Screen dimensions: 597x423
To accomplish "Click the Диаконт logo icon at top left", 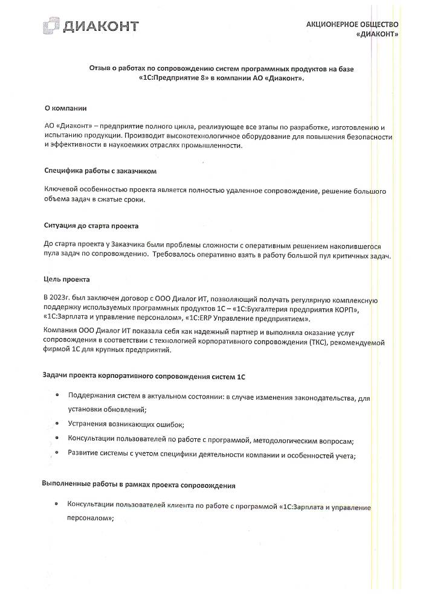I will pyautogui.click(x=51, y=26).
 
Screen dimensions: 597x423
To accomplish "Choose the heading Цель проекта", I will pyautogui.click(x=66, y=279).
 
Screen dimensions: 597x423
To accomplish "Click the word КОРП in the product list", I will pyautogui.click(x=344, y=309).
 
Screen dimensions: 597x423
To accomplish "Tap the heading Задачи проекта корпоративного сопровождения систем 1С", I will pyautogui.click(x=143, y=375).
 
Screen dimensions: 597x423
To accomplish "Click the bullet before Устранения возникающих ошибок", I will pyautogui.click(x=56, y=423).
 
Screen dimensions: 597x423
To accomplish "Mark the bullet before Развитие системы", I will pyautogui.click(x=56, y=452).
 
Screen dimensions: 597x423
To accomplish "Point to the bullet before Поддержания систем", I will pyautogui.click(x=56, y=395).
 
